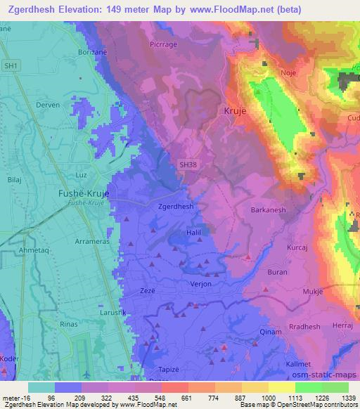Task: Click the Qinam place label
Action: click(x=270, y=332)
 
